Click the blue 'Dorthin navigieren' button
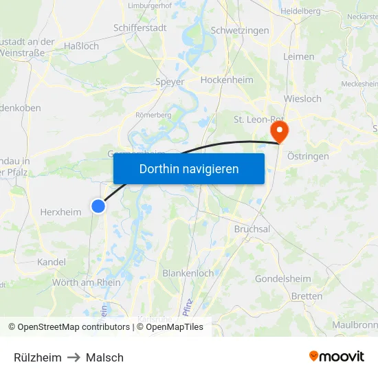point(189,168)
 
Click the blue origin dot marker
point(98,205)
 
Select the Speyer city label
point(170,82)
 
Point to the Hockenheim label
point(227,80)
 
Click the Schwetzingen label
point(240,31)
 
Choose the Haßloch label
point(82,46)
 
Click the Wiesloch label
point(302,98)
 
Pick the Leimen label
point(298,56)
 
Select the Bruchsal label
point(252,229)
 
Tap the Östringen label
point(308,156)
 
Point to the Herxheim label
point(60,212)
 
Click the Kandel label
point(52,262)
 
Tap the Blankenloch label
point(188,273)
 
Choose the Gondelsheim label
point(283,278)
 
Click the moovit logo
point(337,357)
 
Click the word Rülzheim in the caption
point(38,357)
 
